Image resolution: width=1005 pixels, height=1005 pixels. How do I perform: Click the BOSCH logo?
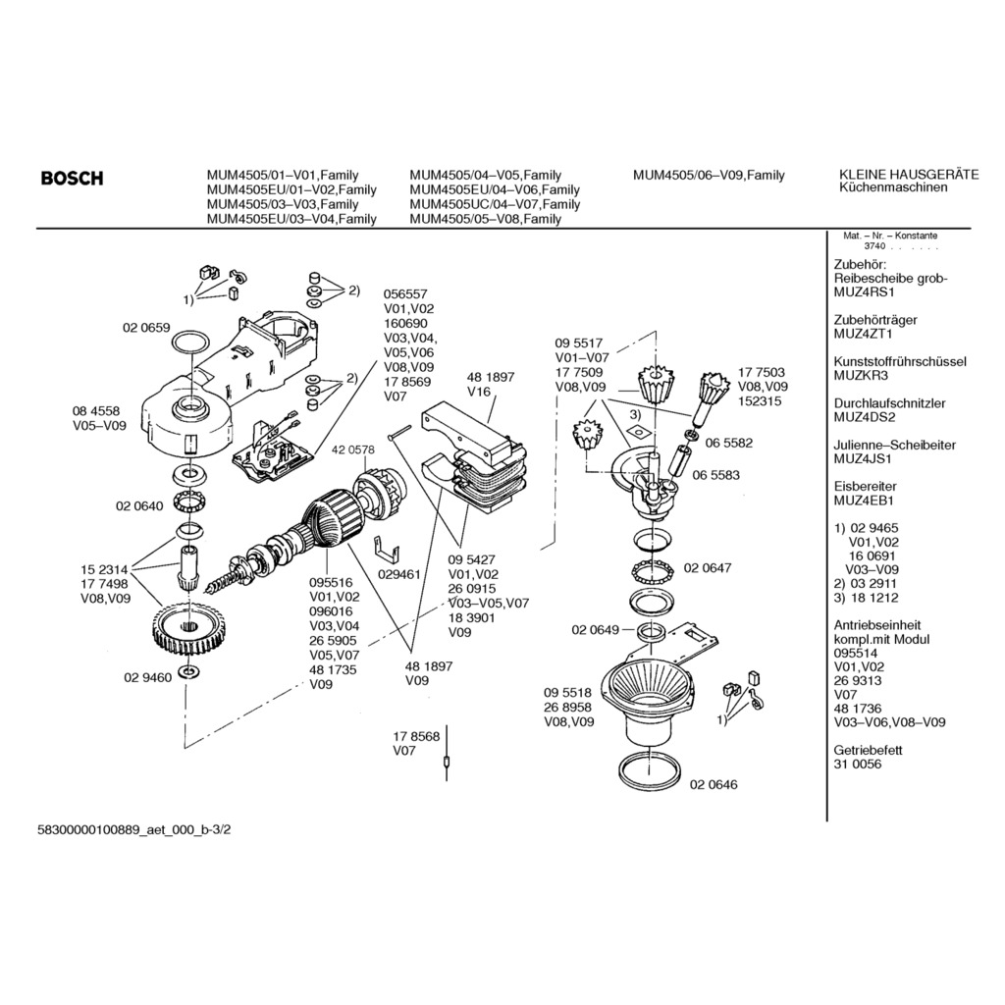point(72,179)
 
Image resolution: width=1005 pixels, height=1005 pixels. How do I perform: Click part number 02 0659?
point(146,328)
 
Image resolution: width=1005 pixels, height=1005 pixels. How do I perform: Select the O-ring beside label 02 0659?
point(189,343)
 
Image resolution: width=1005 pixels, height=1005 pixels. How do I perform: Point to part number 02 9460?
point(147,676)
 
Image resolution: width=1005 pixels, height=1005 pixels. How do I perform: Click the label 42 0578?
point(353,450)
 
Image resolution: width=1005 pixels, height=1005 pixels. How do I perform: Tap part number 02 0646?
point(714,784)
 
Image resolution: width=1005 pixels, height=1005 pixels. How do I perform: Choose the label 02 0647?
point(707,567)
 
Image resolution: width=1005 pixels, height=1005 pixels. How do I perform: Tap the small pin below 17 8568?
point(447,762)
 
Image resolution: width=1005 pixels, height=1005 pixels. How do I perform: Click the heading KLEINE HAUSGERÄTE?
point(909,175)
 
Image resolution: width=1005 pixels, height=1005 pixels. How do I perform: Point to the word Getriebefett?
point(868,750)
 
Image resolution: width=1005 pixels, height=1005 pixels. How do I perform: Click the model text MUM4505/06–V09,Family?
point(709,176)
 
